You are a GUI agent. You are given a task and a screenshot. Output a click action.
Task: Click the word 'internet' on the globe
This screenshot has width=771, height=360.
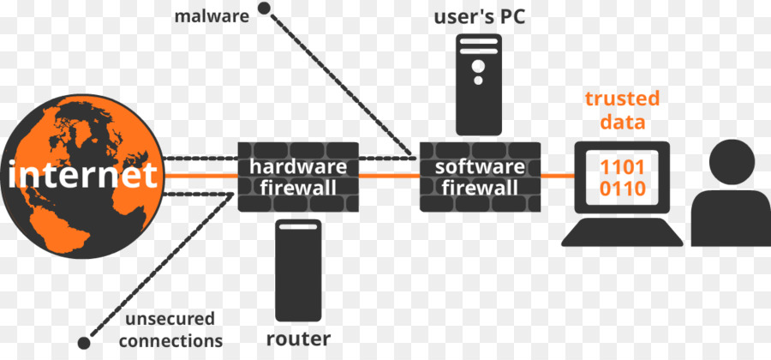84,176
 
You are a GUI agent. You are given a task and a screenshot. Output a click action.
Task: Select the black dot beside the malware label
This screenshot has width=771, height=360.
265,10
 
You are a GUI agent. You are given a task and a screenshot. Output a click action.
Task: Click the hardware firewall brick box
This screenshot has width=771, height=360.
298,177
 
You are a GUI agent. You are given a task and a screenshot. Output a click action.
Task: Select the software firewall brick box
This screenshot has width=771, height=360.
481,177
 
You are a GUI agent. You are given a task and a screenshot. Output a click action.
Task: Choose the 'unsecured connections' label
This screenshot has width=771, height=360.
170,329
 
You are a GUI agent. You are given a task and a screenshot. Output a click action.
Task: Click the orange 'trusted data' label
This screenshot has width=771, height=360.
622,110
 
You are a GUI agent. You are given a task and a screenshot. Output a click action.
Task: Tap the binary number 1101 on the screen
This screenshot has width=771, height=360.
622,166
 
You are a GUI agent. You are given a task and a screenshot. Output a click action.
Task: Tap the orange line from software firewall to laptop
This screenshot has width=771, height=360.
558,177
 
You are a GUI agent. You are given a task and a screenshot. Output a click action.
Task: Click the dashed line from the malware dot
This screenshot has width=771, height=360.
334,81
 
